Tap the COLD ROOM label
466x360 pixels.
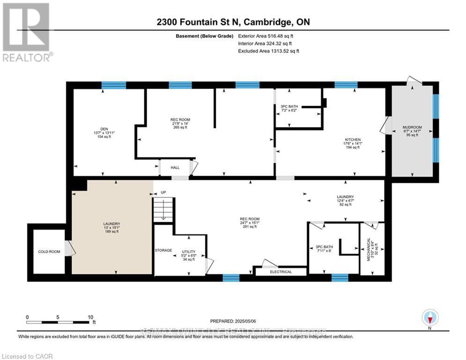pos(49,252)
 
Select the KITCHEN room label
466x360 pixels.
pos(352,140)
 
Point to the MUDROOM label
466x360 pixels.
pos(412,127)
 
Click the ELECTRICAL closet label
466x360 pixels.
pos(281,272)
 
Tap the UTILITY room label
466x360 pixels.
pos(189,252)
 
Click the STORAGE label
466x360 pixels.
pos(163,250)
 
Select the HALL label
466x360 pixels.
pos(175,167)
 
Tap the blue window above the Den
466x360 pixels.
pos(114,85)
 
